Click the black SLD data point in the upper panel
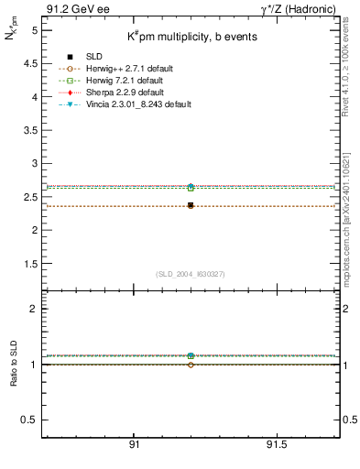coord(191,205)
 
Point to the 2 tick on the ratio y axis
coord(34,309)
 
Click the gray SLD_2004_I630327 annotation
coord(191,274)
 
